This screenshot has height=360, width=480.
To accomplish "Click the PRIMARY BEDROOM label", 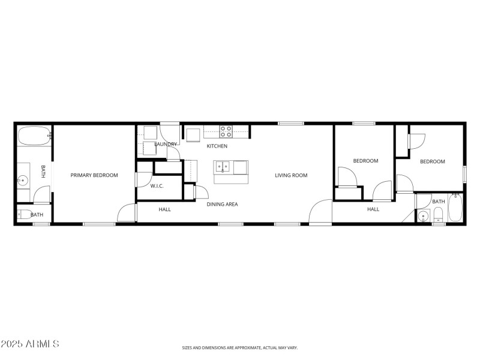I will tap(94, 176).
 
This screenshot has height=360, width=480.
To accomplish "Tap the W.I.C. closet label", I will tap(157, 187).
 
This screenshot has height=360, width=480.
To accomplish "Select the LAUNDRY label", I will tap(166, 145).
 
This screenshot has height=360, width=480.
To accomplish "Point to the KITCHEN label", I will tap(217, 146).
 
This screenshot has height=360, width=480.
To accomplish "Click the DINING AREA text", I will tap(222, 205).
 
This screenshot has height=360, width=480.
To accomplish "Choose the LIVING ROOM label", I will tap(291, 176).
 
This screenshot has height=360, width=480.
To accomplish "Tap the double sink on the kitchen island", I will tap(223, 166).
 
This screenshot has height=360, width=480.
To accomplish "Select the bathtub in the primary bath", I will tap(33, 136).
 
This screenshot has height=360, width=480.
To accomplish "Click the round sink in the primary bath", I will tap(23, 179).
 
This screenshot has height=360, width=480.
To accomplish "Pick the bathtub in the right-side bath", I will tap(455, 208).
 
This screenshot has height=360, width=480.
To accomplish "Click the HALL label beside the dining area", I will tap(164, 209).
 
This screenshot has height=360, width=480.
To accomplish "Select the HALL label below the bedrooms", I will tap(373, 209).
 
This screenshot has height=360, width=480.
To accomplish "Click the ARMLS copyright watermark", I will tap(30, 344).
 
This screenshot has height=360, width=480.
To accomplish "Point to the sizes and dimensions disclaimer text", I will tap(240, 347).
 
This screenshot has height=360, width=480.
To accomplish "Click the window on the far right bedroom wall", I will tap(464, 174).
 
